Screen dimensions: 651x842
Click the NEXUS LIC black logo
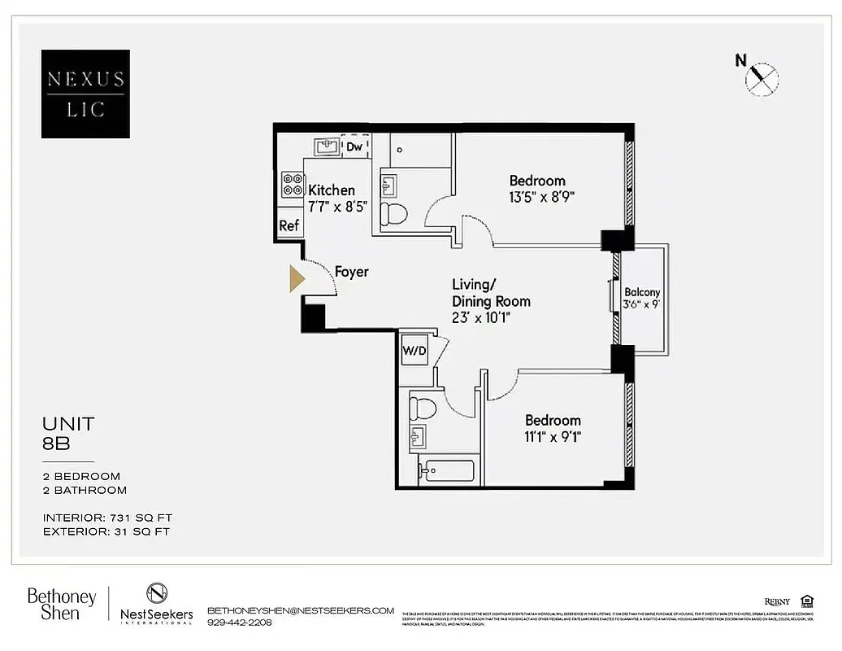pos(85,94)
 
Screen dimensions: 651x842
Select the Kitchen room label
pos(332,190)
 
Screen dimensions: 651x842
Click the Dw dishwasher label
pos(354,146)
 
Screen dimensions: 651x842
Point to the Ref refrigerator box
pos(289,225)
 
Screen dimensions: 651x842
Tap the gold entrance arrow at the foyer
pos(297,279)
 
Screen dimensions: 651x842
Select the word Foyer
pos(351,272)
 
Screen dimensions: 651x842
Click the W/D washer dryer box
pos(413,351)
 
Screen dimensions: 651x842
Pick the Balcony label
pos(642,292)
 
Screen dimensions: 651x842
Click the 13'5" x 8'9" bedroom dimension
pos(537,197)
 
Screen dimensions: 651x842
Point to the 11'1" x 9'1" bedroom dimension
pos(553,437)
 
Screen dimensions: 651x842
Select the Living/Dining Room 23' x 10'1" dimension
pos(491,318)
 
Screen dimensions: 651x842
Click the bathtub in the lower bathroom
pos(446,472)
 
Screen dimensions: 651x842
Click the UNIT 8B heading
pos(68,432)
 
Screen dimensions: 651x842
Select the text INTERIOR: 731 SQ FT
pos(107,518)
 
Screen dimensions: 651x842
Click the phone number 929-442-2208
pos(240,623)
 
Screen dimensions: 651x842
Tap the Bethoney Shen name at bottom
pos(62,605)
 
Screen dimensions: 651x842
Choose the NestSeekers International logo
pos(156,605)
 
